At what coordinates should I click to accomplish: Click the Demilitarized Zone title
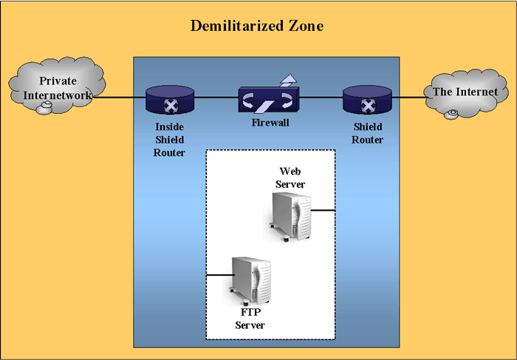[x=257, y=26]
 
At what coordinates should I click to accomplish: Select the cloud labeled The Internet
[x=465, y=94]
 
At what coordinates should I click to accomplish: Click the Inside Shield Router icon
[x=170, y=100]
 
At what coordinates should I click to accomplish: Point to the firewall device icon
[x=269, y=100]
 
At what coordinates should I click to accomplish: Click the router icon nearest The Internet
[x=367, y=100]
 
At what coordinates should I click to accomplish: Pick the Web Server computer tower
[x=290, y=217]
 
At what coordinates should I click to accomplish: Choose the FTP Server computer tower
[x=250, y=281]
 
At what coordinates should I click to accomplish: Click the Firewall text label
[x=270, y=123]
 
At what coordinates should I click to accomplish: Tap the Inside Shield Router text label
[x=169, y=140]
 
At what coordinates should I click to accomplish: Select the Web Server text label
[x=290, y=177]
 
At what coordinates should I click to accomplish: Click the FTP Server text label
[x=250, y=319]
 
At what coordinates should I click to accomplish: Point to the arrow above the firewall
[x=289, y=80]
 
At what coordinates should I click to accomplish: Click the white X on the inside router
[x=171, y=106]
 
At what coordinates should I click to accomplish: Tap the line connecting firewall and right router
[x=321, y=98]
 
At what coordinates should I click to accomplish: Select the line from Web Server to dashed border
[x=323, y=210]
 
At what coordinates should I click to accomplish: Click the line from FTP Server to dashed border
[x=220, y=275]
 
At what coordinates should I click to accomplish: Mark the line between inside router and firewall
[x=216, y=98]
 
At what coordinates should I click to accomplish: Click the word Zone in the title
[x=306, y=26]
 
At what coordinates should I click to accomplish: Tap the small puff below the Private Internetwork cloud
[x=44, y=108]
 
